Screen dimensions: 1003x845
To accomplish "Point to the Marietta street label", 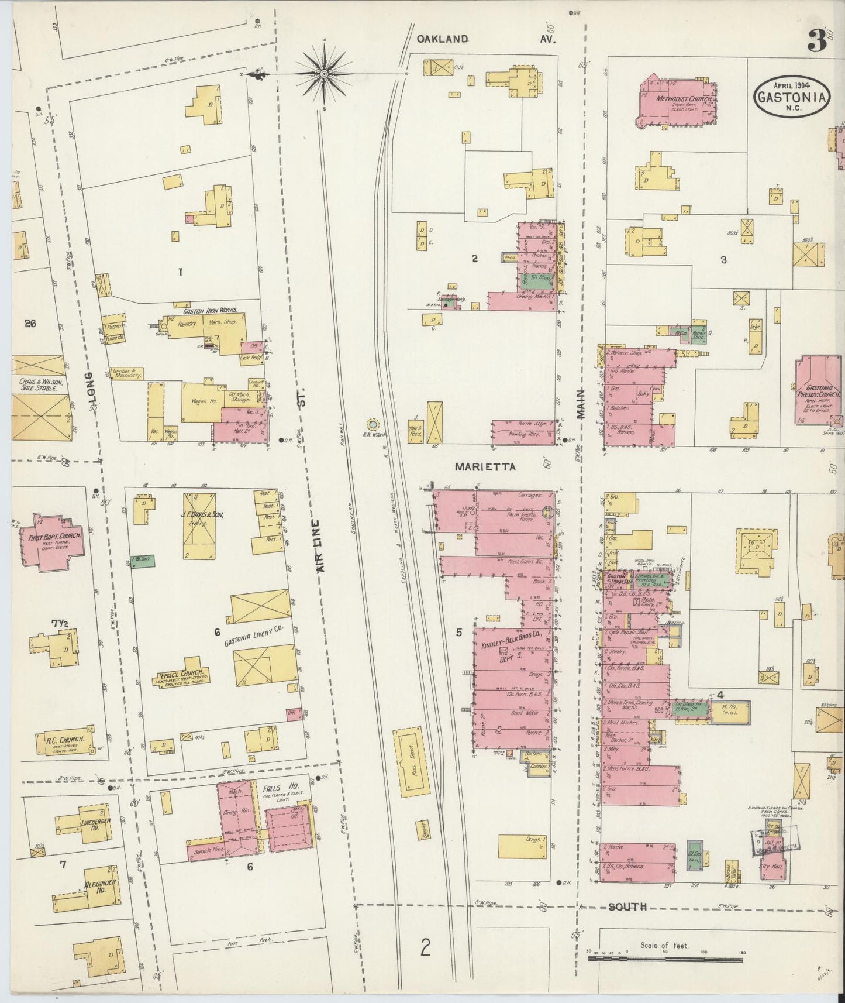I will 485,467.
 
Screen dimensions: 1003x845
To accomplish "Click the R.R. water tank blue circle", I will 372,423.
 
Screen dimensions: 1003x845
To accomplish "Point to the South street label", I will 627,907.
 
